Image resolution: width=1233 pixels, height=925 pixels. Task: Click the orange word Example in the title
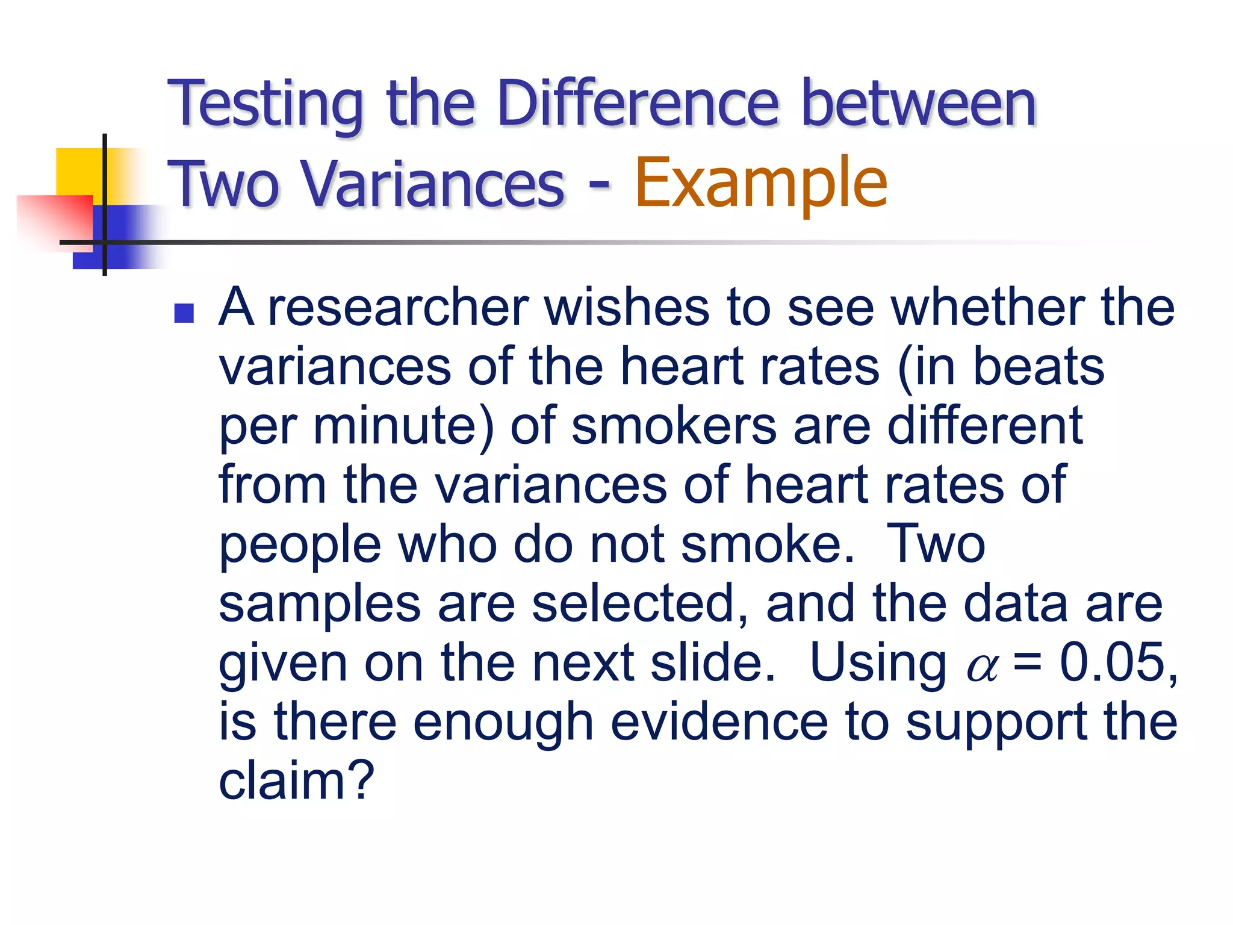pos(760,182)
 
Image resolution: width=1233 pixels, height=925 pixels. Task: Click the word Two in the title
pos(223,184)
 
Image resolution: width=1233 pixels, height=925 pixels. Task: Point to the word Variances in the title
pos(432,184)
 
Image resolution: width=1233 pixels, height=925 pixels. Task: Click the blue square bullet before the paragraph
pos(184,313)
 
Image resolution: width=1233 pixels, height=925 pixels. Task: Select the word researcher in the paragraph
pos(398,308)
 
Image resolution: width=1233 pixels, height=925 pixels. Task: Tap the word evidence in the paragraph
pos(719,722)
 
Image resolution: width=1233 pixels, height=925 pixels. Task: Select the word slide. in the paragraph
pos(713,662)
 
